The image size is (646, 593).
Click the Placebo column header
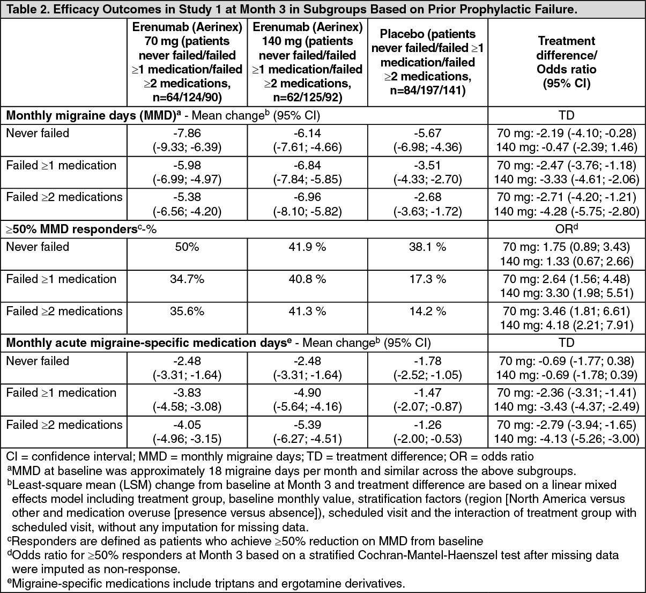click(x=427, y=62)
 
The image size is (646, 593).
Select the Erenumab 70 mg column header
click(x=187, y=62)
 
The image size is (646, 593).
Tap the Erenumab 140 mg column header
click(x=307, y=62)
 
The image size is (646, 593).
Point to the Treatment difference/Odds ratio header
click(x=566, y=62)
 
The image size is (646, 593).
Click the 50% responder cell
click(x=187, y=247)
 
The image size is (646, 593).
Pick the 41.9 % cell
click(x=307, y=247)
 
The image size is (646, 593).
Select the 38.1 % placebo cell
click(x=427, y=247)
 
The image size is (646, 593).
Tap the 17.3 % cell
click(x=427, y=279)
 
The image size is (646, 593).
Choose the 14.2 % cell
click(x=427, y=312)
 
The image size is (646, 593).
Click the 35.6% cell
click(x=187, y=312)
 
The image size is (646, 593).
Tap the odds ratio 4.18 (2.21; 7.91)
click(x=566, y=325)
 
